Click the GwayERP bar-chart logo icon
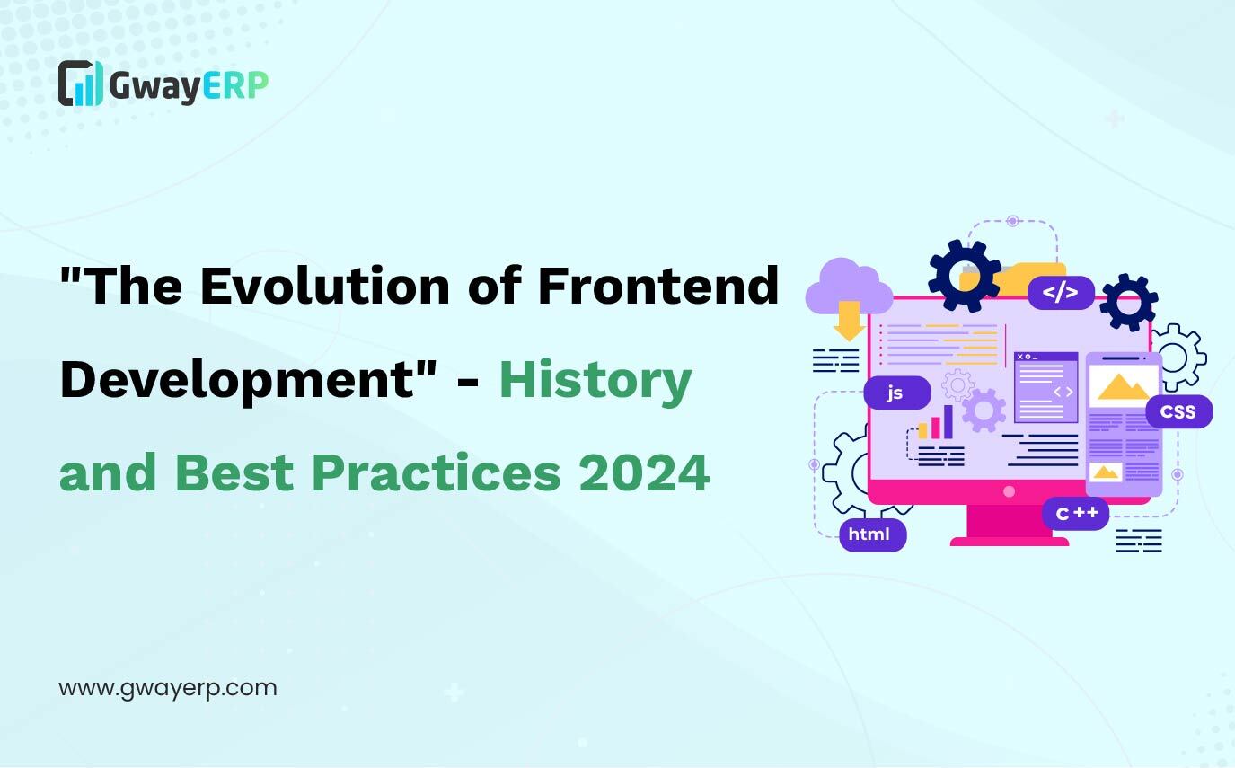click(x=81, y=84)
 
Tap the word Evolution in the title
click(x=325, y=286)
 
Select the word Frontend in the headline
click(x=658, y=286)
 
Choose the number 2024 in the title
click(x=644, y=472)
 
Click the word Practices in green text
click(x=437, y=472)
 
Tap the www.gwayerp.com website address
click(x=168, y=689)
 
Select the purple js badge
click(x=897, y=393)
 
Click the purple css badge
click(x=1178, y=411)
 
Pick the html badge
click(x=873, y=534)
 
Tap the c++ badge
click(x=1076, y=513)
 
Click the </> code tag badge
click(x=1061, y=292)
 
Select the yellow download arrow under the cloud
click(x=849, y=321)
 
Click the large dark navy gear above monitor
click(x=965, y=276)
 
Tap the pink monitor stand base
click(x=1009, y=542)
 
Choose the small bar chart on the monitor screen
click(x=936, y=422)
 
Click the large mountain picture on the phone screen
click(x=1123, y=386)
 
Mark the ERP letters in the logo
click(x=235, y=85)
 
